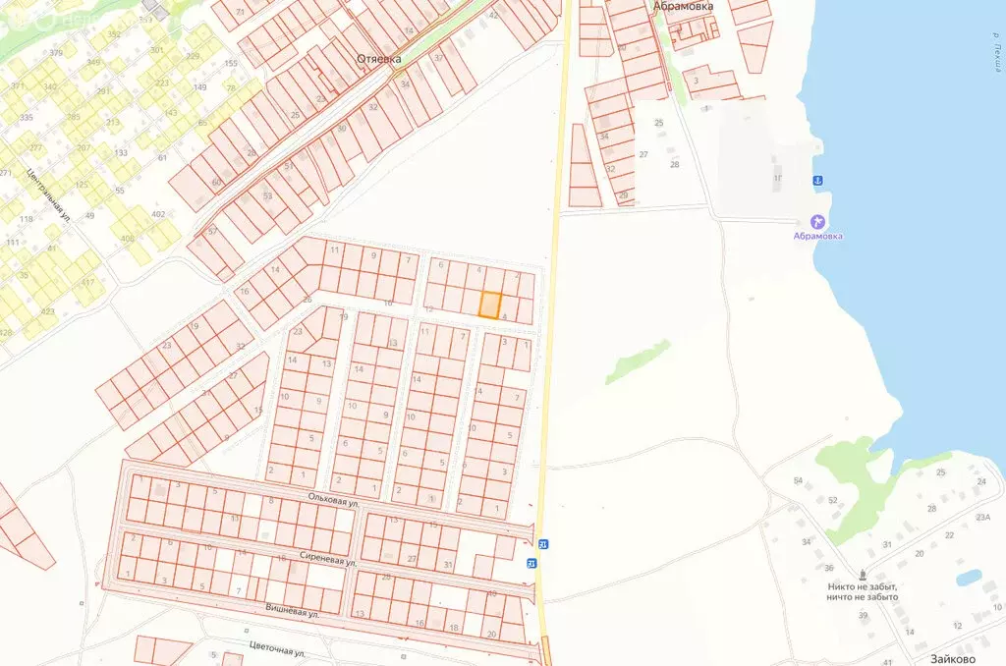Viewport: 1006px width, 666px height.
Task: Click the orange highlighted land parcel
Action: [x=490, y=305]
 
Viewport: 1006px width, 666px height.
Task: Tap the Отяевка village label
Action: [x=378, y=59]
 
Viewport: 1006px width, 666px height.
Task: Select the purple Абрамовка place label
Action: [x=818, y=236]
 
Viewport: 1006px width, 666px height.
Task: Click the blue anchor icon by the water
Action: [x=816, y=181]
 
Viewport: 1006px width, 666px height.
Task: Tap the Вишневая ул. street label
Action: [x=293, y=612]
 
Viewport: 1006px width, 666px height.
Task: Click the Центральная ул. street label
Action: [x=48, y=195]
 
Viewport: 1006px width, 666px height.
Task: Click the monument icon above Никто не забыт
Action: [x=863, y=575]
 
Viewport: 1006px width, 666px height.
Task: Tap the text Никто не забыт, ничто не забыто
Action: [x=863, y=591]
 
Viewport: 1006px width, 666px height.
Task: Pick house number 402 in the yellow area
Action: [x=157, y=214]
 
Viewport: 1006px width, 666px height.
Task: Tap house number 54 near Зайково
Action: [x=799, y=480]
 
